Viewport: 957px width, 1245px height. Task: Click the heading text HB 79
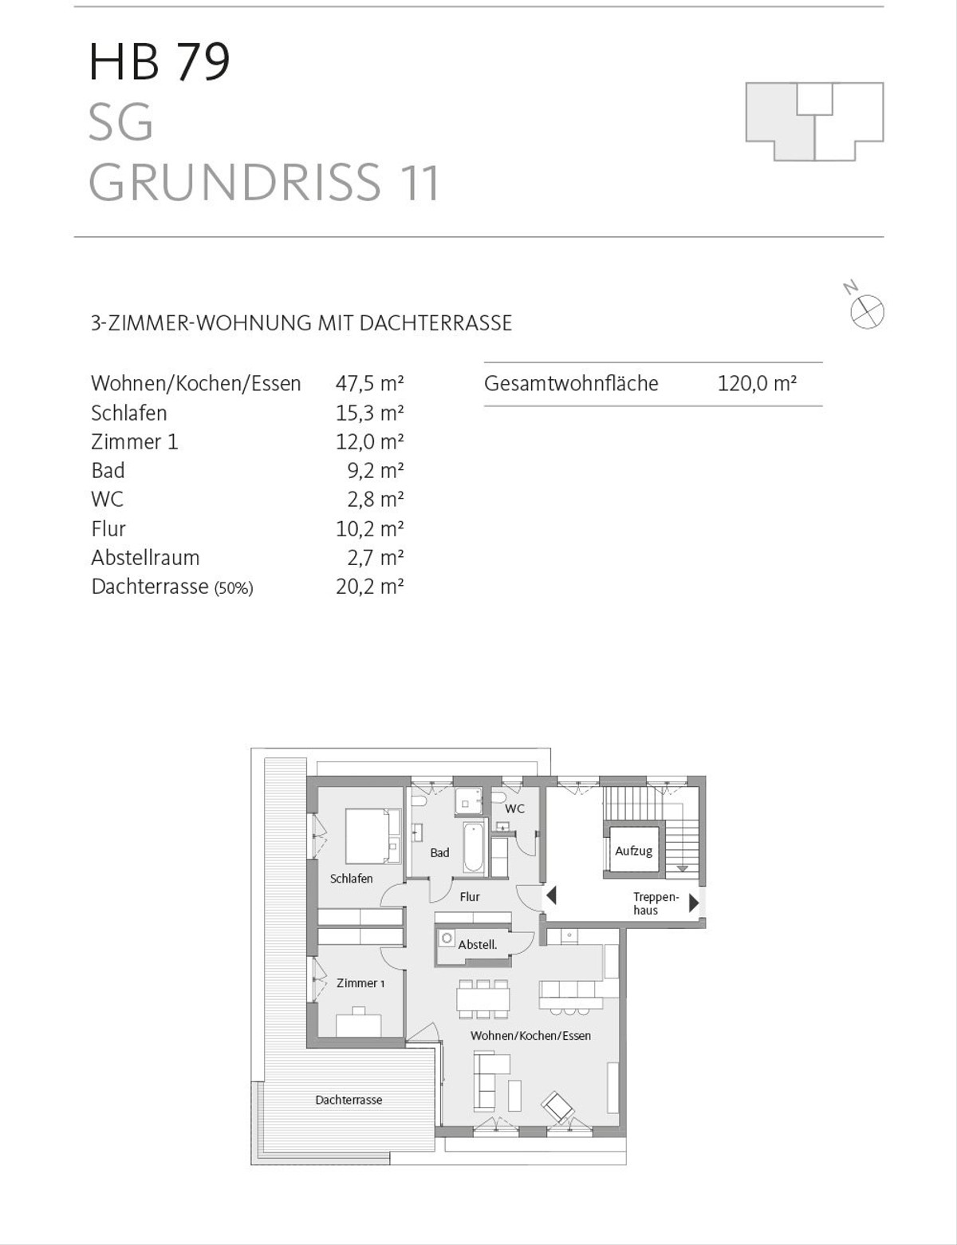159,61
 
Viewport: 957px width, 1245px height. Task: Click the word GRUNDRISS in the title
234,183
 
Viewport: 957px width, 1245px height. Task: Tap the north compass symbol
867,311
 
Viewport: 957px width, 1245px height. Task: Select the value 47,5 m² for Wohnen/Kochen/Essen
369,383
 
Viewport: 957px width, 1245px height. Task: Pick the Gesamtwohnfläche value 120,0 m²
757,383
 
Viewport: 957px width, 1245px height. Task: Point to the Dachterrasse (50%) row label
171,587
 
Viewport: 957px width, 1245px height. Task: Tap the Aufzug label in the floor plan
633,851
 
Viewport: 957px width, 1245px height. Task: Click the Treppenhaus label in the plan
656,903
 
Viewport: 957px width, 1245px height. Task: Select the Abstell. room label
477,944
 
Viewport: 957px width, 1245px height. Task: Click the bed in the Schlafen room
372,836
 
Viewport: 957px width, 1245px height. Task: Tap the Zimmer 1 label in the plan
360,983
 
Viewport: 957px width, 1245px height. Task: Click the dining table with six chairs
482,998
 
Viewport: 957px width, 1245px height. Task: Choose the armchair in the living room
557,1107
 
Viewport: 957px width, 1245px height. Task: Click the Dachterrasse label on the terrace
349,1100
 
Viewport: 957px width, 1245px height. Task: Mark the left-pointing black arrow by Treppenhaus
551,896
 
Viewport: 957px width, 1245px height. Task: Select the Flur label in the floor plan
470,897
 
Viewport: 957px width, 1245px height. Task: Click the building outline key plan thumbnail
814,121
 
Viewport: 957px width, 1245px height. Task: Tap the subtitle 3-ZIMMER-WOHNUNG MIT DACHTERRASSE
301,323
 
